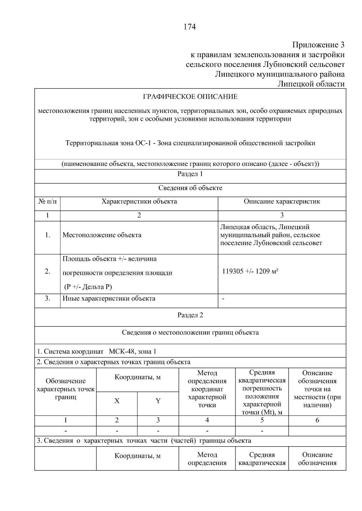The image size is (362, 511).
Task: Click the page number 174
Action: pyautogui.click(x=190, y=27)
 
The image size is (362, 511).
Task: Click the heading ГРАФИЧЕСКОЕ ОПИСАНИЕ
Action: pyautogui.click(x=190, y=97)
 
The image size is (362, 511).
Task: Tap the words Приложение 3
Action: pyautogui.click(x=318, y=45)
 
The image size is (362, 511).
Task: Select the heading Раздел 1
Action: pyautogui.click(x=190, y=174)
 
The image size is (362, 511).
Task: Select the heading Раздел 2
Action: pyautogui.click(x=190, y=315)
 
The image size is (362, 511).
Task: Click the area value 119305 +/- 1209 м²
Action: pyautogui.click(x=250, y=271)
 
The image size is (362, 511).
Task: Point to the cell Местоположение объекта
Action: pyautogui.click(x=102, y=235)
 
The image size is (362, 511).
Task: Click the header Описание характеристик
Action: pyautogui.click(x=282, y=201)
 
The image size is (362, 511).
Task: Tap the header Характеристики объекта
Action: pyautogui.click(x=139, y=201)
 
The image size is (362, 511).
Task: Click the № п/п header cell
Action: pyautogui.click(x=47, y=201)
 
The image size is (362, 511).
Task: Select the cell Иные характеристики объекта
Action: pyautogui.click(x=109, y=298)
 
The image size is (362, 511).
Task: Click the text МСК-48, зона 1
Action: pyautogui.click(x=132, y=351)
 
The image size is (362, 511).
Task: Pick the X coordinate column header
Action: pyautogui.click(x=117, y=401)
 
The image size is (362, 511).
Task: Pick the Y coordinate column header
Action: pyautogui.click(x=158, y=401)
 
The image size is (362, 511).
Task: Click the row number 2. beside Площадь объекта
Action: pyautogui.click(x=47, y=271)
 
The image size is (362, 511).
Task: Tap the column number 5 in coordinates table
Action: pyautogui.click(x=262, y=420)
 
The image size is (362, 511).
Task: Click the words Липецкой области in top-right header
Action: pyautogui.click(x=311, y=84)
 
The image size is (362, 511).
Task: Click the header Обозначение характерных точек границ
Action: pyautogui.click(x=65, y=389)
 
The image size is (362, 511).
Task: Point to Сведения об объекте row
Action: pyautogui.click(x=190, y=188)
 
